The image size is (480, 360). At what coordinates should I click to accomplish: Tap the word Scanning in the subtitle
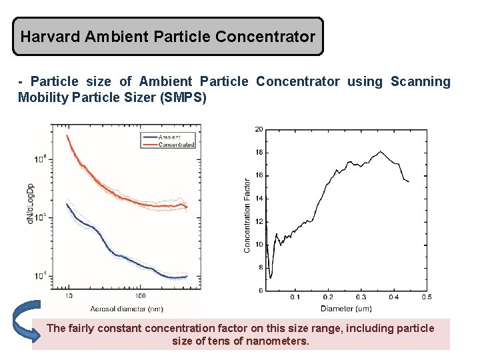click(420, 82)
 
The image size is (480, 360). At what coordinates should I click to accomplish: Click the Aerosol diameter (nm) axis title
click(117, 308)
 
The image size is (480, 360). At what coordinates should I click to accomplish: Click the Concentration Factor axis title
click(248, 215)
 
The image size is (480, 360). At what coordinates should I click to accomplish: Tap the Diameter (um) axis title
click(345, 309)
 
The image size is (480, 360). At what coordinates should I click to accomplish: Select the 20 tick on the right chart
click(259, 129)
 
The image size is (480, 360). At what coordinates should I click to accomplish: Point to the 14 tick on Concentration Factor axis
click(259, 199)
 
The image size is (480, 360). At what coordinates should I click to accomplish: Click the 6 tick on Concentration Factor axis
click(260, 291)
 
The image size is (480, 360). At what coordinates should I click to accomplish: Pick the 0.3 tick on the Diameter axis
click(361, 297)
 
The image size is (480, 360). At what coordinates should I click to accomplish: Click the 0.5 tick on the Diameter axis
click(426, 297)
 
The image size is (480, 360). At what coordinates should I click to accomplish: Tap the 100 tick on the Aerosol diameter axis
click(140, 295)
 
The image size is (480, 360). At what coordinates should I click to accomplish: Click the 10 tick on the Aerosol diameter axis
click(69, 295)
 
